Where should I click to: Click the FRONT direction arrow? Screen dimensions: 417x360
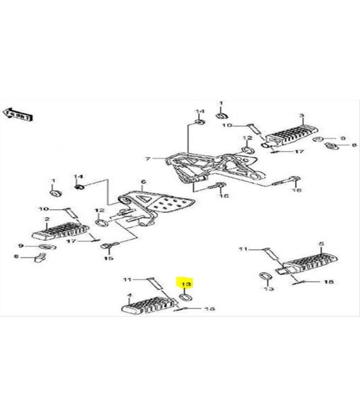click(x=18, y=114)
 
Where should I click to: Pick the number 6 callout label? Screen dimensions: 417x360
click(x=143, y=181)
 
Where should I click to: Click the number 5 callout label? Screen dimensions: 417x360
click(x=321, y=244)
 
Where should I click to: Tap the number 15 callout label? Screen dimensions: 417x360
click(x=108, y=258)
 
